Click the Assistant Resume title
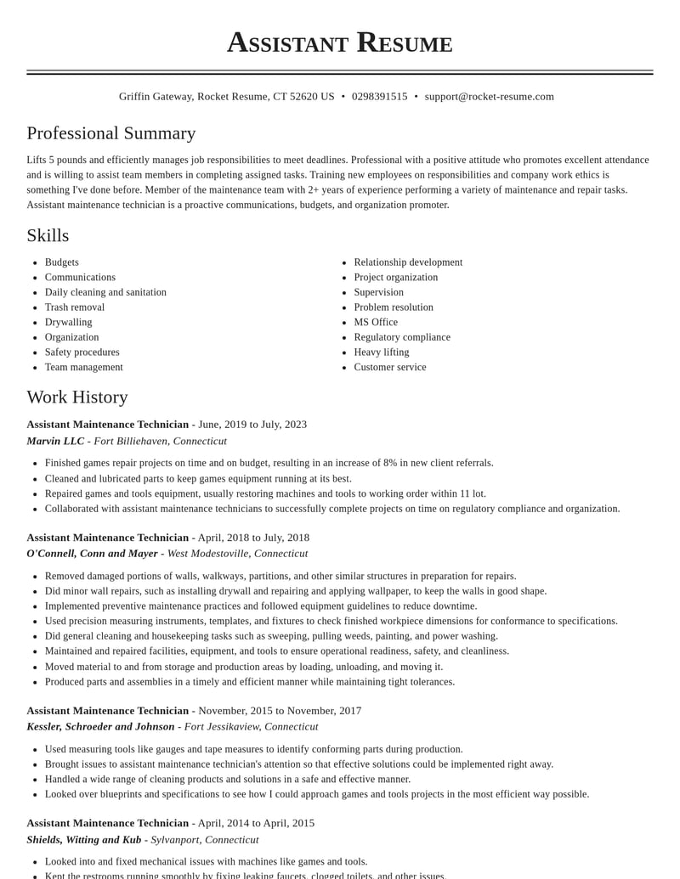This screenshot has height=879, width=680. click(339, 42)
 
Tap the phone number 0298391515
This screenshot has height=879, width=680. click(379, 97)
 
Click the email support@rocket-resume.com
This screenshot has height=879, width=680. click(489, 97)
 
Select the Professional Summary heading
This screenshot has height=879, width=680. click(111, 133)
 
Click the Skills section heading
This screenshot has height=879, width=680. click(48, 235)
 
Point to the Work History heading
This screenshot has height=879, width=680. click(77, 397)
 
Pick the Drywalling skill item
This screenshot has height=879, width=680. click(68, 323)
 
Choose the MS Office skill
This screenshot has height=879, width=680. click(376, 323)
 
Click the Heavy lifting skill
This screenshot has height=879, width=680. click(382, 352)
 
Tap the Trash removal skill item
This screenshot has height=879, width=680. click(75, 307)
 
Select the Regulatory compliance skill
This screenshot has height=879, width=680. click(402, 337)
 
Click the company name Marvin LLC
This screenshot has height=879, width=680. click(55, 441)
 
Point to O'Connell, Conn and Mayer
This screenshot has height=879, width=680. click(92, 554)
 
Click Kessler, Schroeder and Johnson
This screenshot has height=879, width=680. click(100, 727)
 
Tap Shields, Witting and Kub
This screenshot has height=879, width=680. click(84, 840)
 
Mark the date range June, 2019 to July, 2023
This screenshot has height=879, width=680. click(252, 425)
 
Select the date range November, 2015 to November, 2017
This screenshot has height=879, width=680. click(280, 711)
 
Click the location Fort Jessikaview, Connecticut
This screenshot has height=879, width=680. click(251, 727)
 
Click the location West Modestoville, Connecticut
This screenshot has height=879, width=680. click(237, 554)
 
